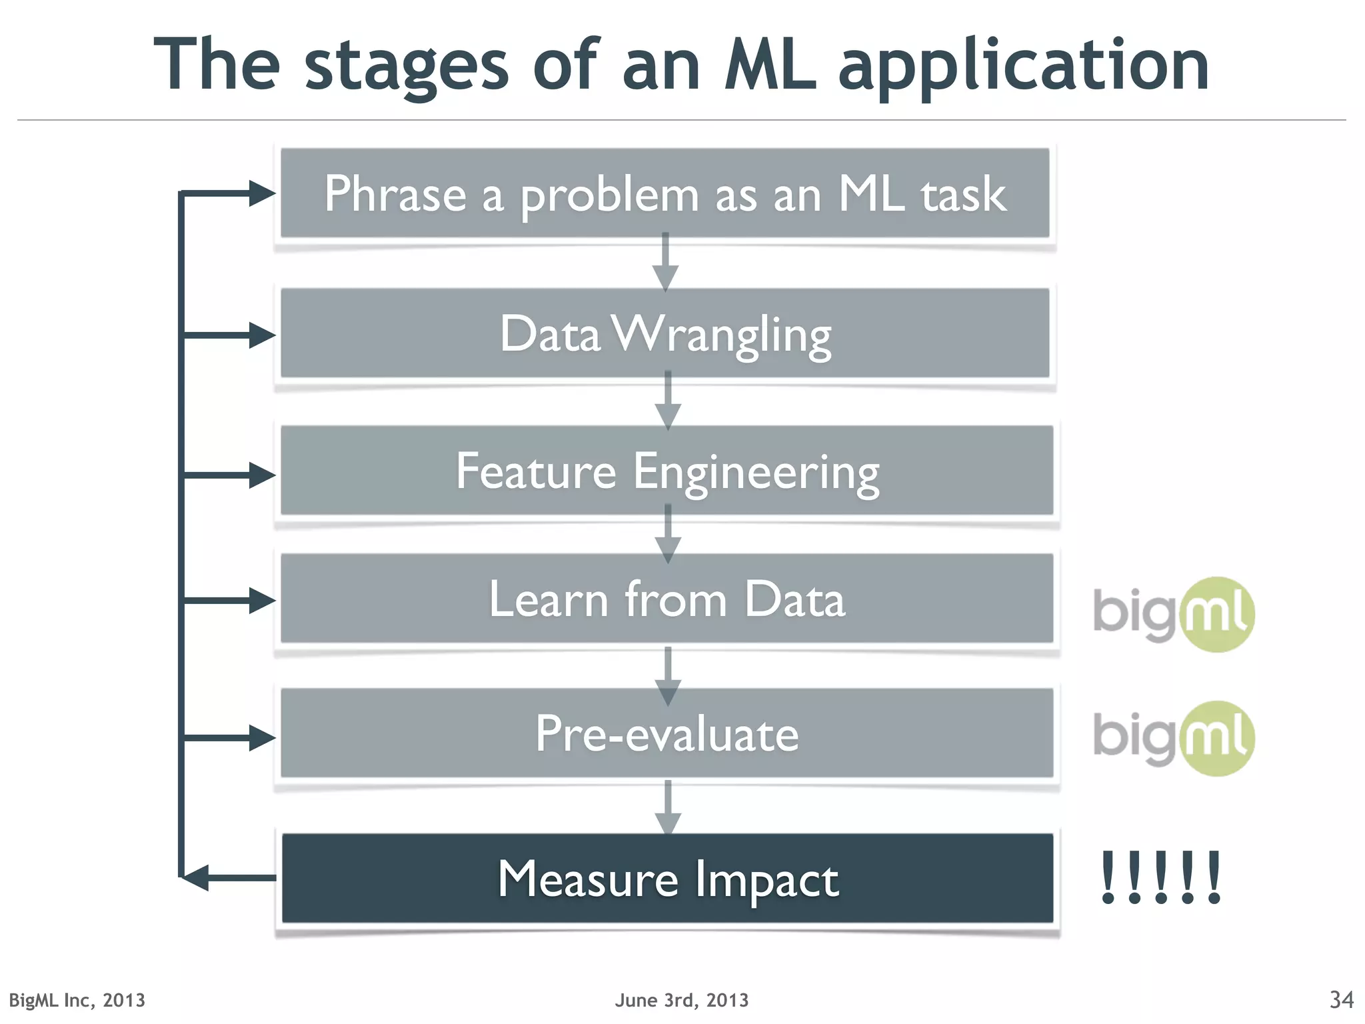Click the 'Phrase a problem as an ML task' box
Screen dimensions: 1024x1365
pyautogui.click(x=665, y=193)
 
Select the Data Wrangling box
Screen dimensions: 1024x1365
pyautogui.click(x=665, y=333)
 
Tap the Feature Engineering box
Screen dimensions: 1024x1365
pyautogui.click(x=667, y=471)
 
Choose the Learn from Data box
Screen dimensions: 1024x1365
pyautogui.click(x=667, y=599)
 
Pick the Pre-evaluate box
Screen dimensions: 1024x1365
pyautogui.click(x=667, y=733)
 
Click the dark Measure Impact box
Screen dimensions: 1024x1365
pyautogui.click(x=667, y=879)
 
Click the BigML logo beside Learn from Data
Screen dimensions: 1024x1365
pyautogui.click(x=1174, y=613)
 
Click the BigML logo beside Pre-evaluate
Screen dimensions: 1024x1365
pyautogui.click(x=1174, y=738)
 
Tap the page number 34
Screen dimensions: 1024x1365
pyautogui.click(x=1341, y=999)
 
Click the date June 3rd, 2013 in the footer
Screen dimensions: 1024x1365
pyautogui.click(x=681, y=1000)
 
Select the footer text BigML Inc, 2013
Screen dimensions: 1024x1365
pyautogui.click(x=77, y=1000)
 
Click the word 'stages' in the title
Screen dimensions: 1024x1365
pyautogui.click(x=407, y=67)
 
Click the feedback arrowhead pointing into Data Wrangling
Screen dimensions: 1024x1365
pyautogui.click(x=261, y=335)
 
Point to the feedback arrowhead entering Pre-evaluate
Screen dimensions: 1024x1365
pyautogui.click(x=261, y=737)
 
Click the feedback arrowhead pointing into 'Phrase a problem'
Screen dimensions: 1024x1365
pyautogui.click(x=261, y=193)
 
